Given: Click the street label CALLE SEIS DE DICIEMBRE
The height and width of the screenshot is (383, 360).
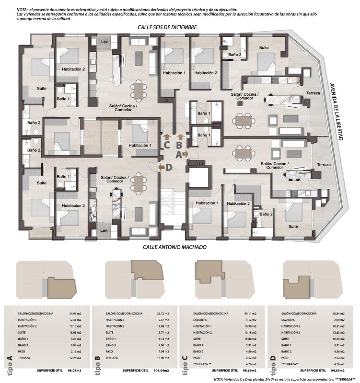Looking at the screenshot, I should [166, 28].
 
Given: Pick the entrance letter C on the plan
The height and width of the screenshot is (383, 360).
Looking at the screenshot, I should [166, 144].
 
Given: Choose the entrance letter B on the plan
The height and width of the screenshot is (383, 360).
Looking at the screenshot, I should [178, 144].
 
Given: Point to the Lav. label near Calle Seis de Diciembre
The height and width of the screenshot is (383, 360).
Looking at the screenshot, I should [105, 42].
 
